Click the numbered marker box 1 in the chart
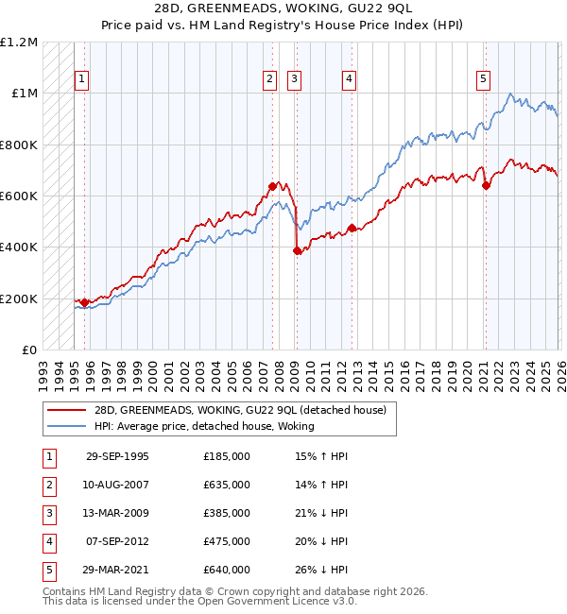[x=82, y=80]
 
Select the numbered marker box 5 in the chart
[x=483, y=80]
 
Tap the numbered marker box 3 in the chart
[x=295, y=80]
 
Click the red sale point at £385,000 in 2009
[x=297, y=250]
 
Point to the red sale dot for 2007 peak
[x=272, y=186]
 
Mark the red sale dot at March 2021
[x=486, y=185]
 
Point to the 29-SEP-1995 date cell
[x=117, y=456]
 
